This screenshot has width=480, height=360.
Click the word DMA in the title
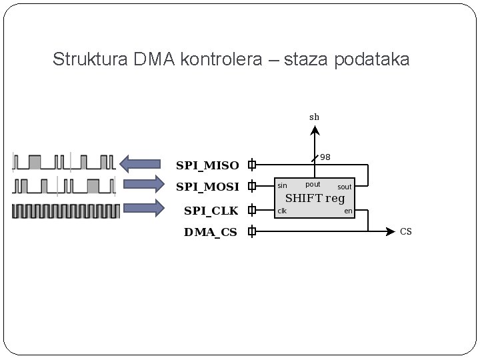tap(153, 60)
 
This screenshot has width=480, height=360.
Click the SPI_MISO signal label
tap(207, 165)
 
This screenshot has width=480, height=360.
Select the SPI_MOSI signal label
tap(207, 187)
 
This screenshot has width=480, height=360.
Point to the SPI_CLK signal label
tap(211, 211)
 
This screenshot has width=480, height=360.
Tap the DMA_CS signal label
tap(211, 233)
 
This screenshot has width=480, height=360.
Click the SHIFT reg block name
tap(315, 198)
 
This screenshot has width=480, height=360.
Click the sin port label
tap(282, 186)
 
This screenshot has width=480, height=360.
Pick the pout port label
tap(313, 184)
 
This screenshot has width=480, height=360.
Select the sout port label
tap(344, 187)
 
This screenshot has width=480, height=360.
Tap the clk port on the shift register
tap(282, 211)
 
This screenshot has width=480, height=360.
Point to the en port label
tap(348, 211)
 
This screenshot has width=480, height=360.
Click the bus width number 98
tap(325, 158)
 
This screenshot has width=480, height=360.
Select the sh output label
tap(314, 117)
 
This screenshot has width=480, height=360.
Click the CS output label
tap(406, 232)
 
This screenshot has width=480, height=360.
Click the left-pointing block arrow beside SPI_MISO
tap(141, 163)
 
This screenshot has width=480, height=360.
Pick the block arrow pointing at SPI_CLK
tap(142, 208)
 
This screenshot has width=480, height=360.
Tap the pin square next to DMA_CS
tap(252, 232)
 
